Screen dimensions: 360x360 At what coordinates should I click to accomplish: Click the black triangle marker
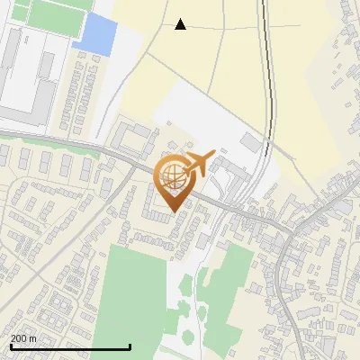coord(181,24)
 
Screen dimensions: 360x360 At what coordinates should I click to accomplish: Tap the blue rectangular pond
coord(94,34)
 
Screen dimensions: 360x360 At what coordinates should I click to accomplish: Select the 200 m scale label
coord(24,338)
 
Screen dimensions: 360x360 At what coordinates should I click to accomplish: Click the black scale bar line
coord(70,346)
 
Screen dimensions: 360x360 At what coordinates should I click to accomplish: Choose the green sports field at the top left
coord(59,13)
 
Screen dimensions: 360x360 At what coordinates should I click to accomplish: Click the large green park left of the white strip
coord(131,297)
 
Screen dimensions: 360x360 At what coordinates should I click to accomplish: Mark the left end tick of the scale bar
coord(10,346)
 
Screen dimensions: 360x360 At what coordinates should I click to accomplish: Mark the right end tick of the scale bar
coord(130,346)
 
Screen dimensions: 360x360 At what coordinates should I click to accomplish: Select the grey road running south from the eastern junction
coord(286,288)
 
